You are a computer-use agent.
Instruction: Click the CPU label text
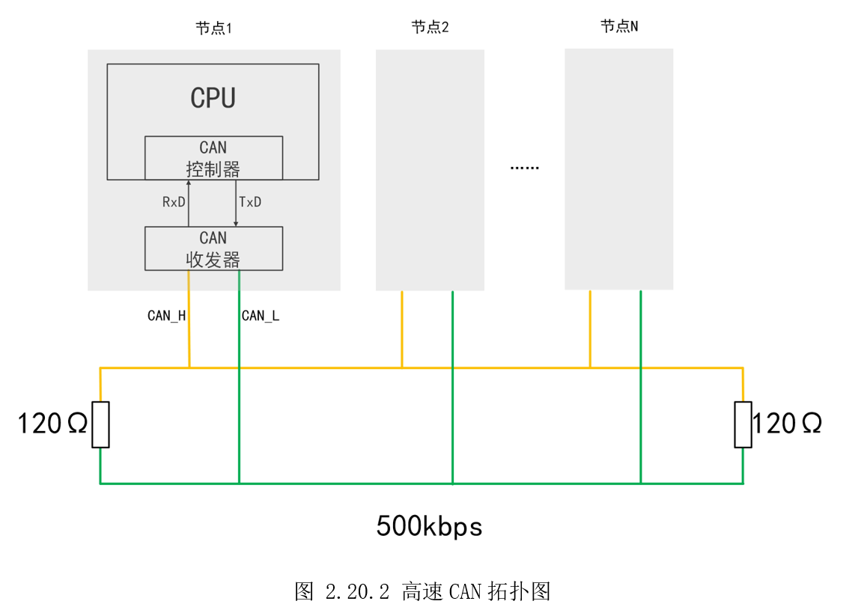point(213,98)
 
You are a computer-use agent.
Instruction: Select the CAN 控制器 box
point(213,158)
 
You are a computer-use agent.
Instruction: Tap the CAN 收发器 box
point(213,248)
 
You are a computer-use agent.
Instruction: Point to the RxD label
point(174,202)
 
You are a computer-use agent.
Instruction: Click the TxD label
point(250,202)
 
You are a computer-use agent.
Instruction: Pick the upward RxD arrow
point(189,203)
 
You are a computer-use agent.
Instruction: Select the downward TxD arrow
point(237,203)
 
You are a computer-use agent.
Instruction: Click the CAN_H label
point(166,316)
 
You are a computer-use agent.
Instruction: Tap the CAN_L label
point(261,316)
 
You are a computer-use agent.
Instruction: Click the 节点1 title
point(214,29)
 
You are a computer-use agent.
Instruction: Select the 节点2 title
point(430,28)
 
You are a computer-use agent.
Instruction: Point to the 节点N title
point(619,26)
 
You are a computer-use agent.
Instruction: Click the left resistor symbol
point(100,424)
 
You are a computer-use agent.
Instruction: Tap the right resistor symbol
point(743,424)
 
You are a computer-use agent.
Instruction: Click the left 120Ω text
point(52,424)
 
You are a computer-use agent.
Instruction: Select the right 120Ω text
point(787,424)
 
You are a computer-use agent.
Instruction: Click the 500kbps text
point(429,526)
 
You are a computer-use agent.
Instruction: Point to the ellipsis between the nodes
point(524,168)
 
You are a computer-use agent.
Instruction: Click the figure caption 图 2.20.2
point(423,591)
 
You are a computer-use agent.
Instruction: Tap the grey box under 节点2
point(430,170)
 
